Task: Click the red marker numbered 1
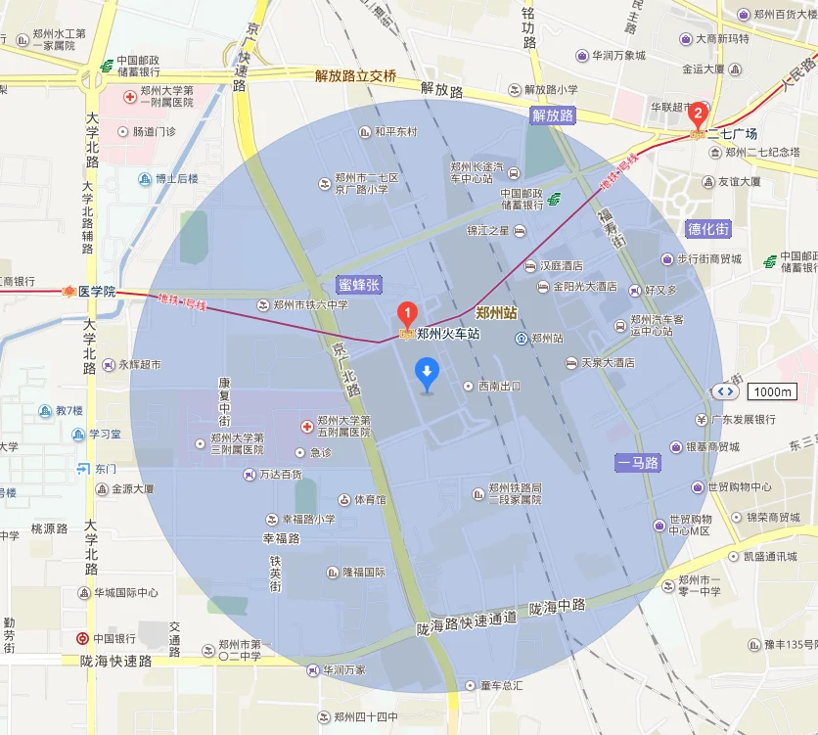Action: (407, 314)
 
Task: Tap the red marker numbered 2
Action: (698, 113)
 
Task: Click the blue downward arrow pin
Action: (427, 373)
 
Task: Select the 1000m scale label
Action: (772, 391)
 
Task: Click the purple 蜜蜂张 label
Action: (358, 284)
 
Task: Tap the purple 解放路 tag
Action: (553, 115)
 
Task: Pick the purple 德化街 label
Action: (708, 229)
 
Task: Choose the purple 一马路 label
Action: (638, 462)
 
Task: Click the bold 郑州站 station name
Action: (496, 313)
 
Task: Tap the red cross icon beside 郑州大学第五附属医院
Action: (306, 427)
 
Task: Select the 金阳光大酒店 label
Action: (585, 287)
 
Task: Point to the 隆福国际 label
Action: (363, 573)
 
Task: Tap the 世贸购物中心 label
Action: (740, 486)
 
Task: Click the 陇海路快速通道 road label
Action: (466, 620)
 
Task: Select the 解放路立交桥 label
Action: (355, 75)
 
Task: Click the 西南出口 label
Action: (499, 386)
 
